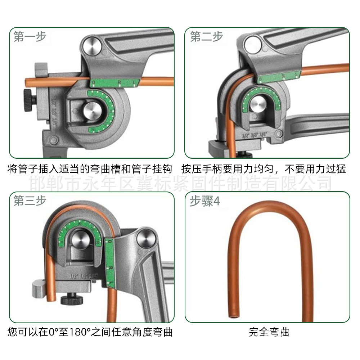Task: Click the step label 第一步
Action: tap(30, 37)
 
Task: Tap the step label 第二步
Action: tap(206, 37)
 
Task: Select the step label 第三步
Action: tap(30, 201)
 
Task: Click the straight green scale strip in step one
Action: tap(115, 82)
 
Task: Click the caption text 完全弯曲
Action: tap(269, 331)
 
